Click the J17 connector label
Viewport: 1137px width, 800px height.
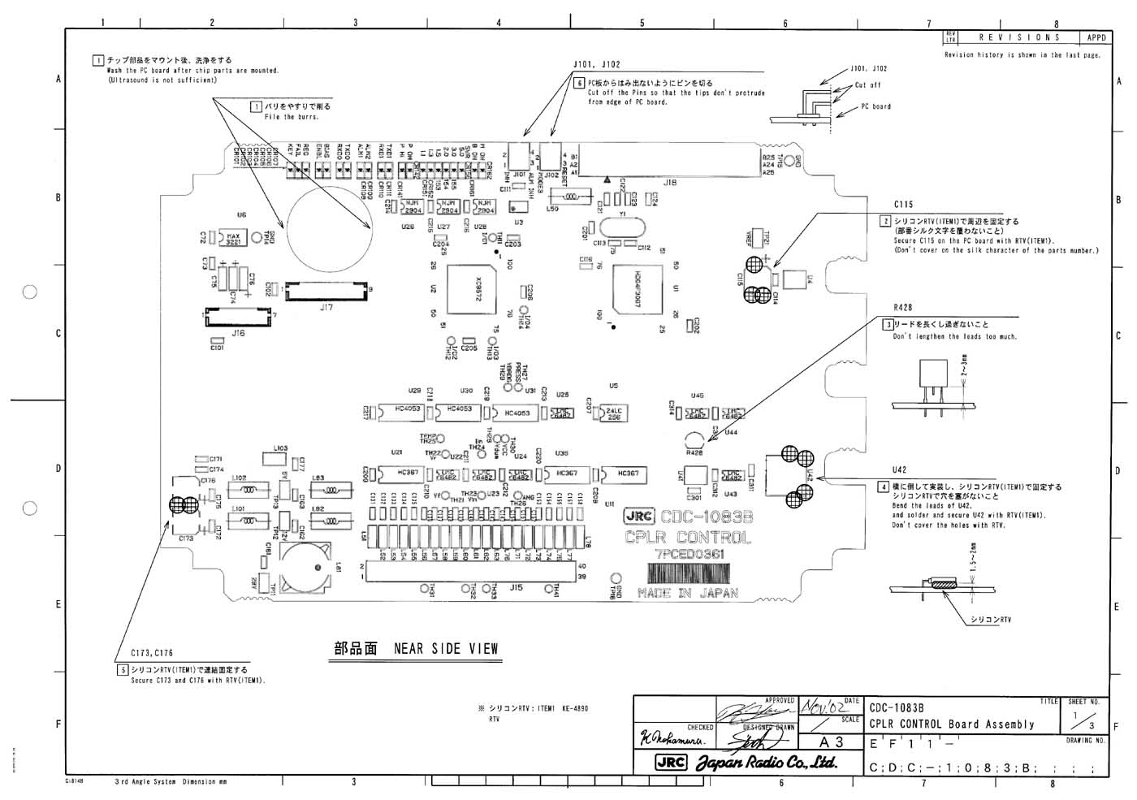[326, 308]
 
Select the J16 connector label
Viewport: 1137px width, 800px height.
[238, 333]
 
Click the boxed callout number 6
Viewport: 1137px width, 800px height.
[579, 83]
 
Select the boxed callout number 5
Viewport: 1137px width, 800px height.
[123, 670]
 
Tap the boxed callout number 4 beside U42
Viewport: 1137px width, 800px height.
[883, 487]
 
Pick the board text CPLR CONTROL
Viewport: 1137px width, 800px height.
[688, 537]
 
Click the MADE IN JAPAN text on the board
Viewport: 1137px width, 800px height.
[688, 593]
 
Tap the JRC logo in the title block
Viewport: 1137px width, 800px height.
[672, 763]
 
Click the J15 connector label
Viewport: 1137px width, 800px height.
[517, 586]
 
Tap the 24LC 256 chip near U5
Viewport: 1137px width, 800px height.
[615, 413]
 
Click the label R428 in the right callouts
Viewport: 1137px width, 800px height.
[902, 308]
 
